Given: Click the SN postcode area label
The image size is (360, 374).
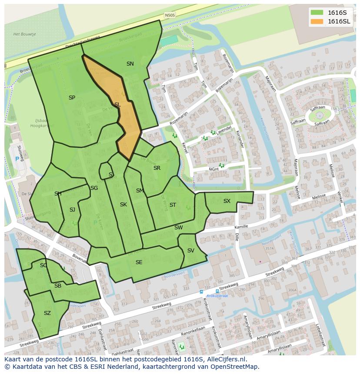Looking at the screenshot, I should pyautogui.click(x=130, y=64).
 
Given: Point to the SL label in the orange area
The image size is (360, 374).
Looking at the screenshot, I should pyautogui.click(x=117, y=104).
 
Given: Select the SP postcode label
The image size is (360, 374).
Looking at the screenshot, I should pyautogui.click(x=72, y=98).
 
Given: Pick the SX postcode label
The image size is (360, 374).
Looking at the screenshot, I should pyautogui.click(x=227, y=201).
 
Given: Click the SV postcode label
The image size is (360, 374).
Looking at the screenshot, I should pyautogui.click(x=190, y=251).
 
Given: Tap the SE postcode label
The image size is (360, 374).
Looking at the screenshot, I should pyautogui.click(x=139, y=262).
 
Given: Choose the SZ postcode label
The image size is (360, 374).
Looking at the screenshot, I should pyautogui.click(x=47, y=313).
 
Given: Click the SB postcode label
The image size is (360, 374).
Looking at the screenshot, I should pyautogui.click(x=58, y=286).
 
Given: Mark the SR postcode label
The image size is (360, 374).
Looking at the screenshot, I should pyautogui.click(x=157, y=168).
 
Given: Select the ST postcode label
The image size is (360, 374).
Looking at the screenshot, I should pyautogui.click(x=173, y=205).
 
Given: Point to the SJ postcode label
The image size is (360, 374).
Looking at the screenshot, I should pyautogui.click(x=72, y=210).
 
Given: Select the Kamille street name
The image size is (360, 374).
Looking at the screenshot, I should pyautogui.click(x=241, y=227).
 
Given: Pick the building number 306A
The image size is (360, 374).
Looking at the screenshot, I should pyautogui.click(x=292, y=291).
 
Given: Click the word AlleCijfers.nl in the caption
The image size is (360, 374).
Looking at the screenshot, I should pyautogui.click(x=226, y=359).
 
